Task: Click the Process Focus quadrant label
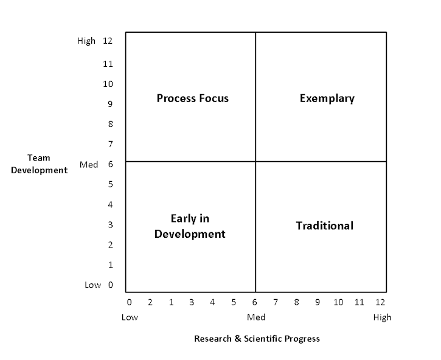(193, 98)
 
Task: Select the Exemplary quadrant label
(327, 98)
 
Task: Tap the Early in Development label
(190, 226)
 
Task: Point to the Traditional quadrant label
(324, 226)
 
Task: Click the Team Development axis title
(39, 164)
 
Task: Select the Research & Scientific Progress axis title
(257, 338)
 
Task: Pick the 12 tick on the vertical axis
(108, 41)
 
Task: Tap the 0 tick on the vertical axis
(111, 285)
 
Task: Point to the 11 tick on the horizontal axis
(359, 302)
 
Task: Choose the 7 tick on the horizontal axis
(276, 302)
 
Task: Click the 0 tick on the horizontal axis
(129, 302)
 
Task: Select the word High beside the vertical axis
(86, 41)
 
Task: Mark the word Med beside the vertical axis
(89, 164)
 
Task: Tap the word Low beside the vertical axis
(92, 285)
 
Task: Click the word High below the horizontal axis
(383, 317)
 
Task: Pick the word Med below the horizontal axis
(256, 317)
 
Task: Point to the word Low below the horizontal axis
(130, 317)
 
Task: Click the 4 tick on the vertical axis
(111, 204)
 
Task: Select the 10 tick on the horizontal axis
(338, 302)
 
